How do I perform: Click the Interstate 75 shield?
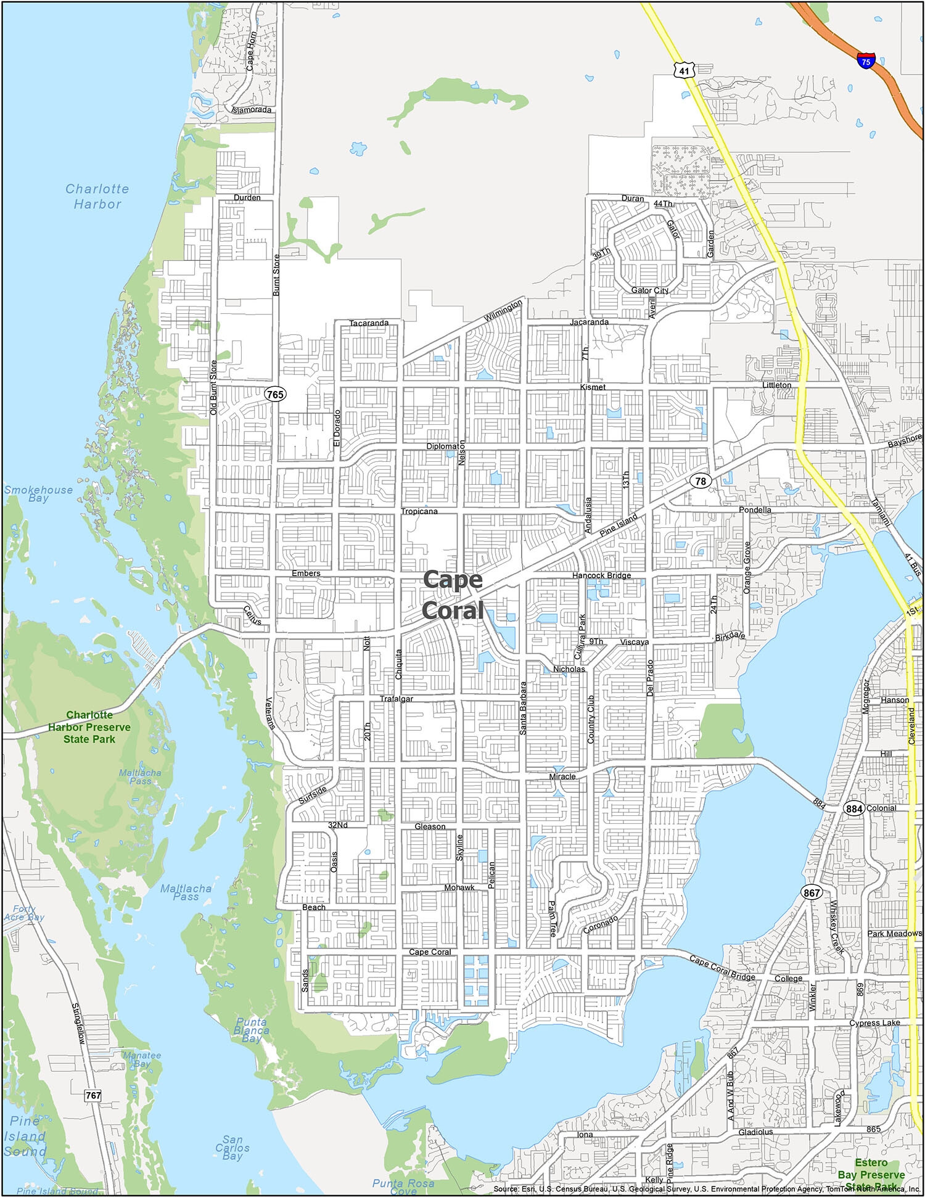866,60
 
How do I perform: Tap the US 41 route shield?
683,71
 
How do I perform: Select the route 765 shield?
276,393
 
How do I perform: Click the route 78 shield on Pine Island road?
701,481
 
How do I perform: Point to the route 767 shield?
92,1095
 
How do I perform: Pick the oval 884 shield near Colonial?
854,808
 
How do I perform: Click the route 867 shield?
812,892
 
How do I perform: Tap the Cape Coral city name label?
453,595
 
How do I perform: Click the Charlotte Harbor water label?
97,196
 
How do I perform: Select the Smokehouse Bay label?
38,493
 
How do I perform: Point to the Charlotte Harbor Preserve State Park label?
89,726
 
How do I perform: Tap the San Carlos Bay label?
232,1148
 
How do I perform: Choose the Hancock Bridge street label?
601,575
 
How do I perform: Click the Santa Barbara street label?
523,708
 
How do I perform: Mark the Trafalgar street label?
396,699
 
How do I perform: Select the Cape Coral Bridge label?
721,968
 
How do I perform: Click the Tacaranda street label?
369,323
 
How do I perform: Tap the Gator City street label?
649,290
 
